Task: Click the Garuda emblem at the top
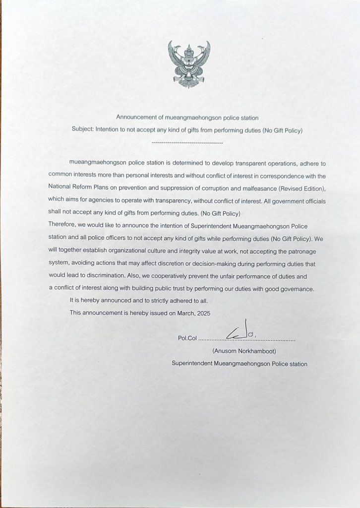[x=189, y=64]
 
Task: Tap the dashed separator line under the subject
[x=187, y=143]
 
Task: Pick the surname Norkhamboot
[x=258, y=351]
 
